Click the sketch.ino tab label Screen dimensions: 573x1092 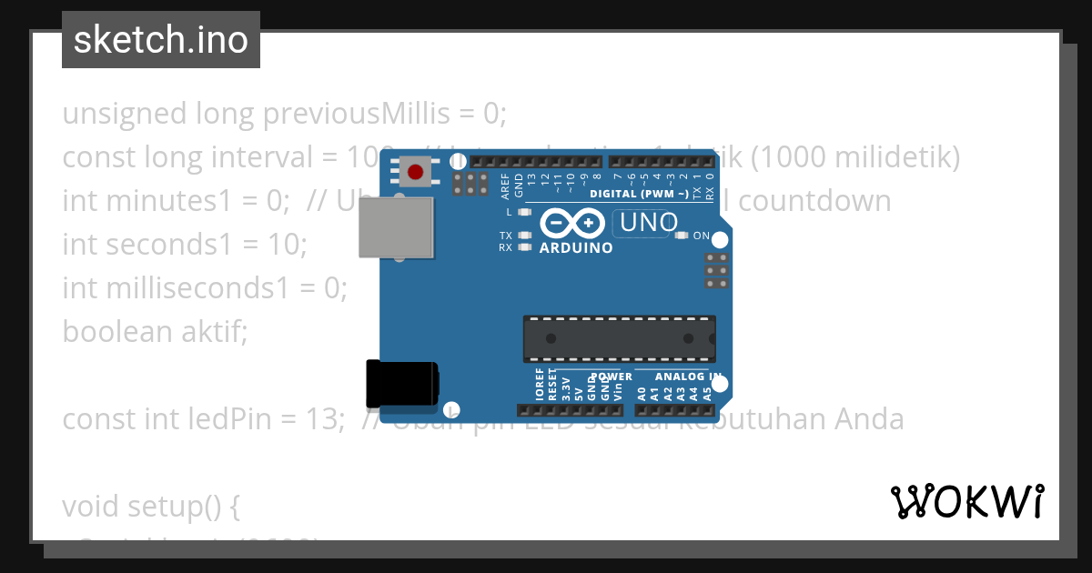(x=161, y=40)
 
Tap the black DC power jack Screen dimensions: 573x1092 (x=401, y=384)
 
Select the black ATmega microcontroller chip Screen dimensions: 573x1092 (x=619, y=338)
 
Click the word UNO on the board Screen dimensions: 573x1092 (x=648, y=222)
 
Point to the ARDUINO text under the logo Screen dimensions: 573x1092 (x=576, y=247)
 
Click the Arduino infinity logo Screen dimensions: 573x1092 (x=572, y=223)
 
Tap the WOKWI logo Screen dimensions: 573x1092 (x=966, y=501)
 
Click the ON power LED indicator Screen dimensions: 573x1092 (x=682, y=236)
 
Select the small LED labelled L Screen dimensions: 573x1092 (x=523, y=212)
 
